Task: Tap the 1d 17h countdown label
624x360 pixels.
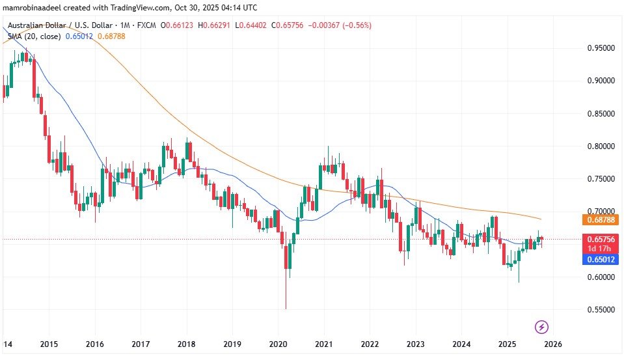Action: tap(597, 249)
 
